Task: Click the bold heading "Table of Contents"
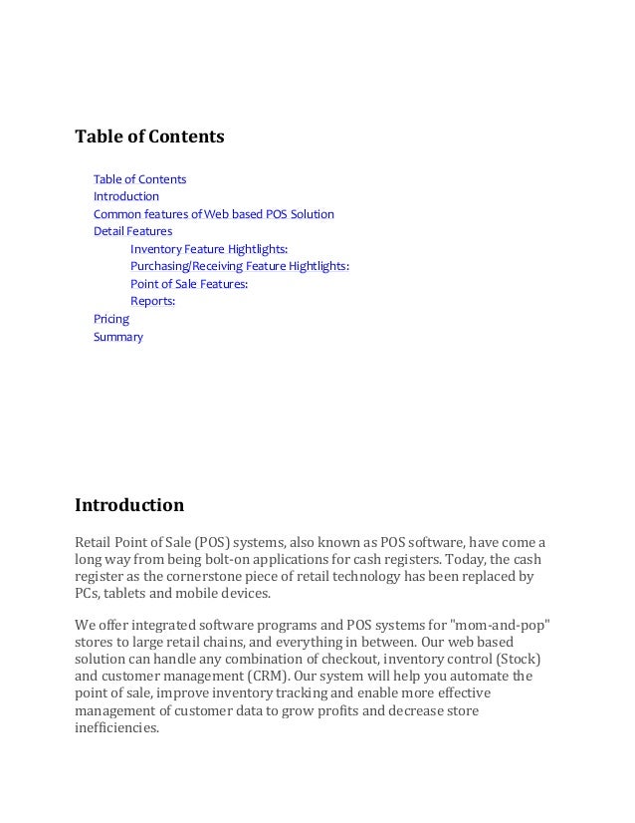(149, 136)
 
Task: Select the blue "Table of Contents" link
(139, 179)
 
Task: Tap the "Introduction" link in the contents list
(126, 196)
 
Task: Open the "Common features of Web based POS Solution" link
(214, 214)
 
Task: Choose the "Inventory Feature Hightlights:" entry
(209, 249)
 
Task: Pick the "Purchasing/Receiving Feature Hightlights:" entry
(240, 266)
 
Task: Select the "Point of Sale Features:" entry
(189, 284)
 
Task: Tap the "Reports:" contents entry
(152, 301)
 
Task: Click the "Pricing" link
(111, 319)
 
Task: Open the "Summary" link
(118, 337)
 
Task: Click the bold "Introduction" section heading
(129, 505)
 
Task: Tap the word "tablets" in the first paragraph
(125, 595)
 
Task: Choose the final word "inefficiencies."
(116, 728)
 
